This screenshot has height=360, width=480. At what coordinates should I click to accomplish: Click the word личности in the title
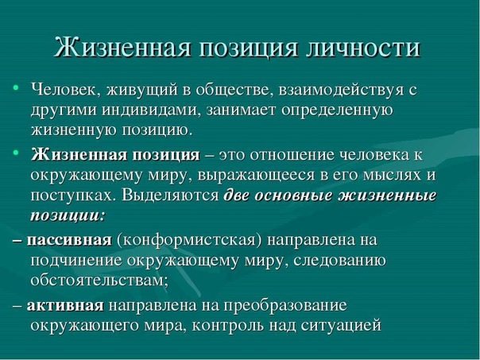[x=363, y=48]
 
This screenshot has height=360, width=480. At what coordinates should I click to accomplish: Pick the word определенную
[x=337, y=111]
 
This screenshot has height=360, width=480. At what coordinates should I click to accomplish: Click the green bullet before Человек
[x=16, y=88]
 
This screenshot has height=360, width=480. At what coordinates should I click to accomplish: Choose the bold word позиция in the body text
[x=166, y=155]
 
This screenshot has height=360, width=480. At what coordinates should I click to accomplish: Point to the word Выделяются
[x=170, y=195]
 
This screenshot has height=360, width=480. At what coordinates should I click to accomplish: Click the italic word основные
[x=293, y=196]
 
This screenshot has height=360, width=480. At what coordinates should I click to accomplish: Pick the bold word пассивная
[x=69, y=240]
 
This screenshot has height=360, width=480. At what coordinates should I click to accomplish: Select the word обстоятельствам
[x=99, y=280]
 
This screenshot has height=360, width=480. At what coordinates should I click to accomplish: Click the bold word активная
[x=65, y=305]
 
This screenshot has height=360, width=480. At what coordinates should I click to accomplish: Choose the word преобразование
[x=285, y=306]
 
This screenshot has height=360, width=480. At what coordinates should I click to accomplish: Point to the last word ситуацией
[x=341, y=326]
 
